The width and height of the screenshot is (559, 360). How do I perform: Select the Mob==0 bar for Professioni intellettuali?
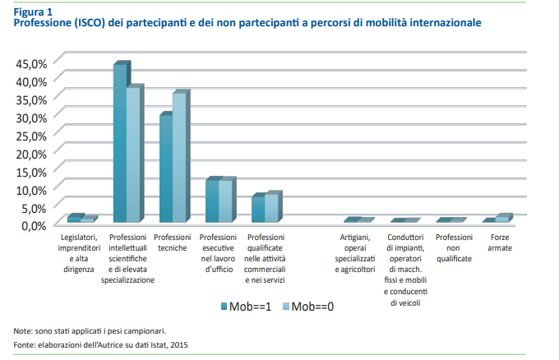click(x=134, y=155)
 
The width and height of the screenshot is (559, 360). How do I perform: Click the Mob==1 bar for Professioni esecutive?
click(x=212, y=201)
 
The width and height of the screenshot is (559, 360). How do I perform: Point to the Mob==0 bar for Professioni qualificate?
click(x=272, y=208)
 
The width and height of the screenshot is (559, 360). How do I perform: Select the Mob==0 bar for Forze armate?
click(x=503, y=219)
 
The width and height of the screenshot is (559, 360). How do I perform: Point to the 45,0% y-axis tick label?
click(x=32, y=63)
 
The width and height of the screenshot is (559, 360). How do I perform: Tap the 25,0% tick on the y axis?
click(x=32, y=135)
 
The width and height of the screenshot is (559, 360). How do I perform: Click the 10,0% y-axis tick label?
click(x=32, y=189)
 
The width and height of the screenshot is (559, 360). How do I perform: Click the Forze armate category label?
click(x=500, y=242)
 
